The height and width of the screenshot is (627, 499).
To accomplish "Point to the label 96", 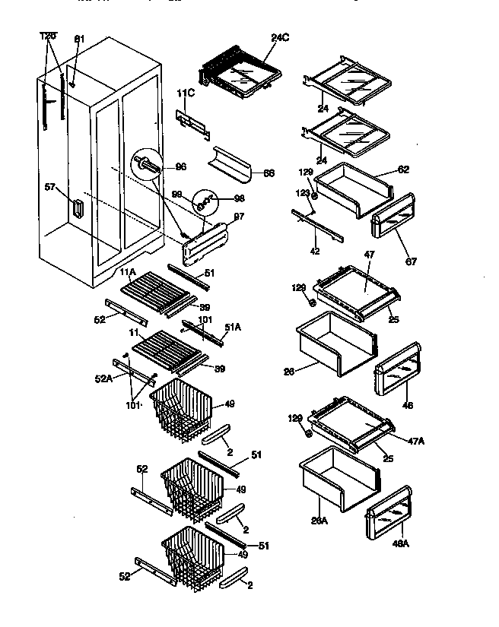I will [180, 167].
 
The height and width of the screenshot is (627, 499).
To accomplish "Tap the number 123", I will [304, 194].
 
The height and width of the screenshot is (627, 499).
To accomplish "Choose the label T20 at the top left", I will [48, 36].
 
